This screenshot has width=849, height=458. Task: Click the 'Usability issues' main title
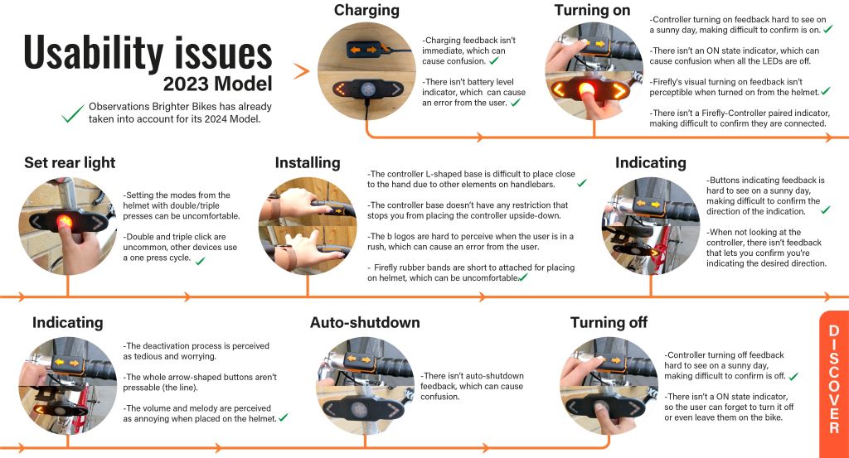click(148, 55)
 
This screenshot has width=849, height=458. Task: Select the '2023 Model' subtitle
click(217, 84)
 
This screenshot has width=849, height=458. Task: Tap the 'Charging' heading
click(366, 11)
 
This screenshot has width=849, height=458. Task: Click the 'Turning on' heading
click(593, 11)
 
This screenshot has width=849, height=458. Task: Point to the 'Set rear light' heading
click(70, 162)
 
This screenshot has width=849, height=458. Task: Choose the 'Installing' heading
click(308, 162)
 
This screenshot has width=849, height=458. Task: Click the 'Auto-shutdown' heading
click(365, 322)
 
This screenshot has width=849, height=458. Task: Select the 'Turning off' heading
click(609, 322)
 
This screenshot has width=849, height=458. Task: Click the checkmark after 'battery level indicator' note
click(515, 103)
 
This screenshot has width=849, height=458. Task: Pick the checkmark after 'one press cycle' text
click(199, 260)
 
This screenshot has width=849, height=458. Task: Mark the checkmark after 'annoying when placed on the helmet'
click(283, 418)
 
